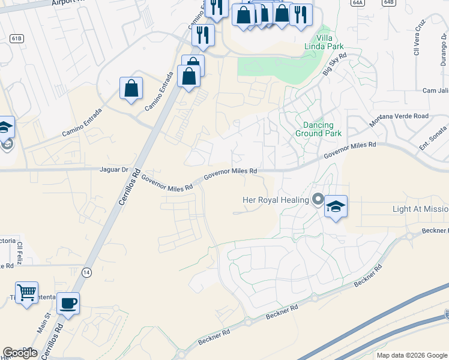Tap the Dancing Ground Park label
pyautogui.click(x=318, y=129)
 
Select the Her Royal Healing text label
pyautogui.click(x=276, y=200)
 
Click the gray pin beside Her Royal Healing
pyautogui.click(x=318, y=199)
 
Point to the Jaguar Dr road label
pyautogui.click(x=113, y=170)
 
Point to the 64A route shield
pyautogui.click(x=358, y=2)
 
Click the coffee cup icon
pyautogui.click(x=68, y=302)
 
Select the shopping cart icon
pyautogui.click(x=26, y=293)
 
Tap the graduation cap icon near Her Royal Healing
pyautogui.click(x=336, y=207)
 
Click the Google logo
pyautogui.click(x=20, y=353)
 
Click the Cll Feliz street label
pyautogui.click(x=19, y=249)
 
